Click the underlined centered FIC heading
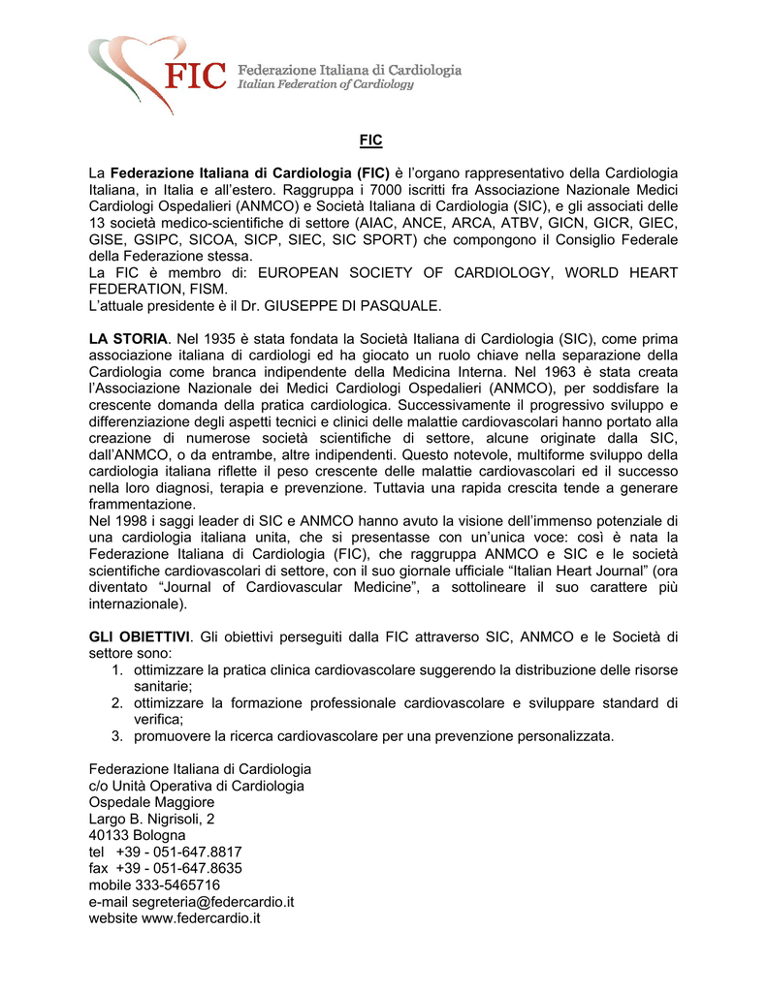tap(370, 140)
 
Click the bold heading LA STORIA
tap(128, 338)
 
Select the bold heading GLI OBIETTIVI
tap(139, 636)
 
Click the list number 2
tap(116, 702)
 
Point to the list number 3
tap(116, 735)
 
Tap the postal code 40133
tap(110, 835)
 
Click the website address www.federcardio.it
tap(202, 917)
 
